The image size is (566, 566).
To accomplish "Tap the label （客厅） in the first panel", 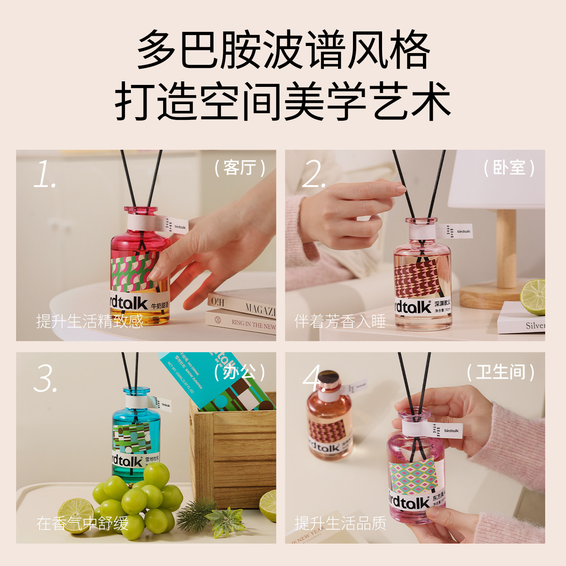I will coord(239,168).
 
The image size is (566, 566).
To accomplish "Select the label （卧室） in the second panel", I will coord(509,168).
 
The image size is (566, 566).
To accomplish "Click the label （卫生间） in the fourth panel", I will coord(500,372).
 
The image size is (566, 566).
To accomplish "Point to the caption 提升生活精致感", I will coord(90,321).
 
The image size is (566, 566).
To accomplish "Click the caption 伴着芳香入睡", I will coord(340,321).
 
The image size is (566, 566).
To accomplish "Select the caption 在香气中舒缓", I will coord(82,523).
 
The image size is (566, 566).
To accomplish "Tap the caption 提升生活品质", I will coord(340,523).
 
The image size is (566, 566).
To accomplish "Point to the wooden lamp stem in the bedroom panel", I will coord(506,248).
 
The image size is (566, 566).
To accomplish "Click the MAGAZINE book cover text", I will coord(259,309).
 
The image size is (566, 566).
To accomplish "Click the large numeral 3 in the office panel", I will coord(46,379).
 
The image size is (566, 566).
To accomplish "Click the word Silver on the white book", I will coord(535,325).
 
